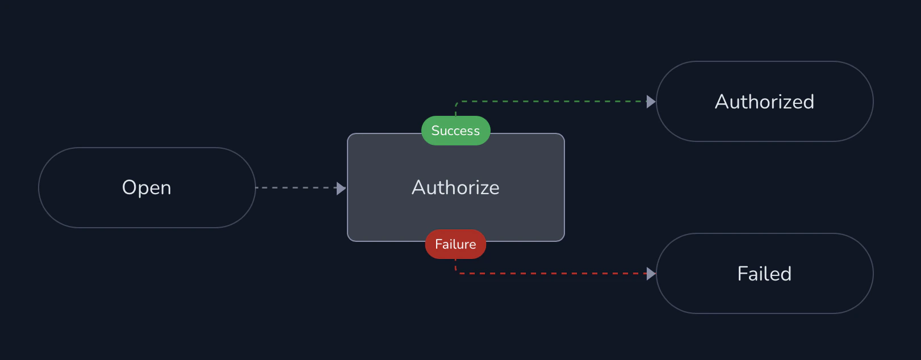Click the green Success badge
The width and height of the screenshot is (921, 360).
pos(456,131)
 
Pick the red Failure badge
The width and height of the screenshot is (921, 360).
pos(456,244)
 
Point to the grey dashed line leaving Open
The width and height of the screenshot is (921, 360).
pos(295,187)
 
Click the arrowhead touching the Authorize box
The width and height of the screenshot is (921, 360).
pos(341,188)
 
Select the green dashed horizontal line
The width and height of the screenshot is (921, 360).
pos(551,102)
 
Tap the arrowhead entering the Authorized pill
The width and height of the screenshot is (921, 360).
pos(651,102)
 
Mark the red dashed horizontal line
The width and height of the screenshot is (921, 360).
pos(551,274)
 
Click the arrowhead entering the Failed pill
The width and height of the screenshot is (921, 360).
pos(651,274)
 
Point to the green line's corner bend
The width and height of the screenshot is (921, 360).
pos(457,103)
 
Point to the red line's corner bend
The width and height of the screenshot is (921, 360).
pos(457,273)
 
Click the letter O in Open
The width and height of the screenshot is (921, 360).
pos(130,187)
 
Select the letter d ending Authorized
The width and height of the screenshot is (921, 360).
pos(808,102)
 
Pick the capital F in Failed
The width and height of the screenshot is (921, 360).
pos(742,274)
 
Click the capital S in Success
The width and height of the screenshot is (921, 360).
pos(436,131)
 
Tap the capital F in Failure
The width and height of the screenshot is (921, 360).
pos(438,244)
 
